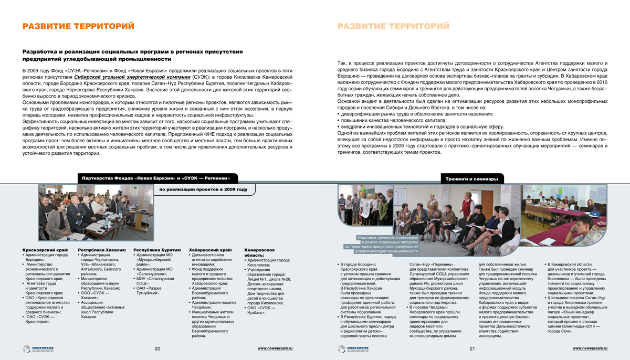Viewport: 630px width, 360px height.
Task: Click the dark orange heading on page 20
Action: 78,26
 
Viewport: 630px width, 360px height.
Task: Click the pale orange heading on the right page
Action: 393,26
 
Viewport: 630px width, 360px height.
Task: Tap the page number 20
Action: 157,348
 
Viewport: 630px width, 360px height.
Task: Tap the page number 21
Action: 472,348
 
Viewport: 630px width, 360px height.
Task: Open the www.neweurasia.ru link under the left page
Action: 275,348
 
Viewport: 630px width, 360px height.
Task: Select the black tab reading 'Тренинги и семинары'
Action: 471,179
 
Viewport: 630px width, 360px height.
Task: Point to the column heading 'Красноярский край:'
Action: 44,250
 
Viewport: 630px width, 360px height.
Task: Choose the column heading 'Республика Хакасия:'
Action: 102,250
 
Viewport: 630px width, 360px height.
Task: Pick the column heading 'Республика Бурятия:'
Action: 157,250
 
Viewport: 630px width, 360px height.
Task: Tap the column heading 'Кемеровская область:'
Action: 260,253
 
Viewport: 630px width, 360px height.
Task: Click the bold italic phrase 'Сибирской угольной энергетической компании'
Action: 133,76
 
